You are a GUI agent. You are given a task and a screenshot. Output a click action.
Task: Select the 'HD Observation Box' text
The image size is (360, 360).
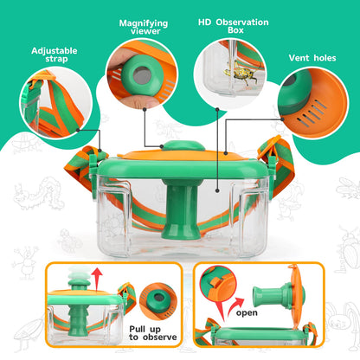coord(233,27)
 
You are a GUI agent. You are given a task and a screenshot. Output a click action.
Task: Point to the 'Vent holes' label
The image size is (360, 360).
coord(312,60)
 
